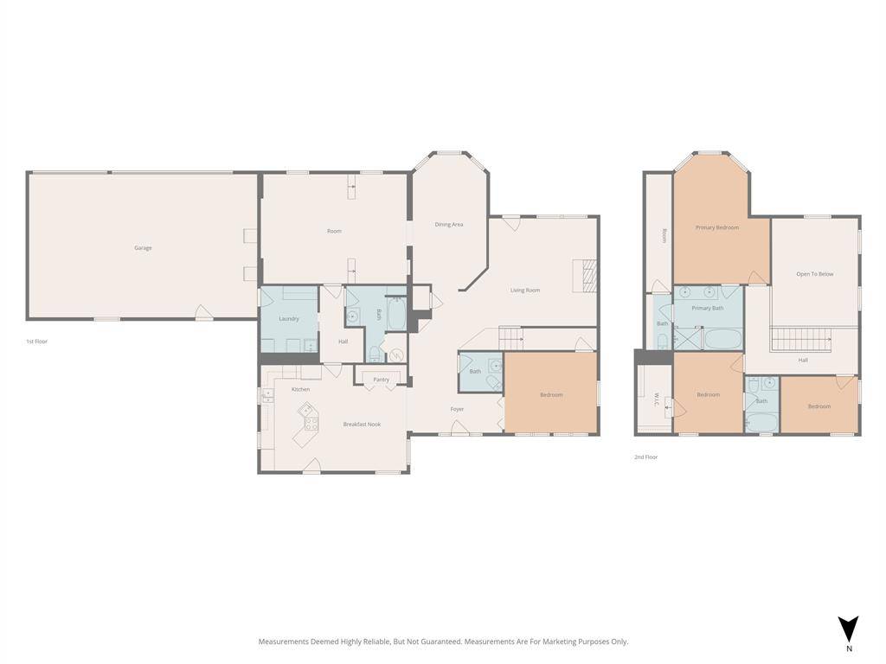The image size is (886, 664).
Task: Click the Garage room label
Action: (x=143, y=248)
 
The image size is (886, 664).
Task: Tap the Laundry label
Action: (x=289, y=319)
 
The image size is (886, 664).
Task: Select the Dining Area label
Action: (x=448, y=225)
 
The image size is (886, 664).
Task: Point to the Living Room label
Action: (x=524, y=290)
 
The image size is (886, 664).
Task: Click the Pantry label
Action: (x=381, y=380)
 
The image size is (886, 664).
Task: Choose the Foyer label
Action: (x=457, y=409)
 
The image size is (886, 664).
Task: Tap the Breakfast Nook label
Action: (x=362, y=425)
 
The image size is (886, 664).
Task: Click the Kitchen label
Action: (x=300, y=390)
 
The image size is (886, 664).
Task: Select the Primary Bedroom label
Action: (x=717, y=228)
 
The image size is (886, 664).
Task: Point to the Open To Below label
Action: (x=814, y=274)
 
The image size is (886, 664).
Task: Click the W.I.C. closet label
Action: (x=657, y=400)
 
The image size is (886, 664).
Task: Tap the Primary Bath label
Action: (x=707, y=308)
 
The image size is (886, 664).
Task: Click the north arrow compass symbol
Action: (x=848, y=629)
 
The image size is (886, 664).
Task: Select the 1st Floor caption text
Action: (x=36, y=342)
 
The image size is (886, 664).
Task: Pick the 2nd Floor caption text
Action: (x=645, y=457)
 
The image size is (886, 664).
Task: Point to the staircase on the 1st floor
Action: (x=510, y=337)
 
